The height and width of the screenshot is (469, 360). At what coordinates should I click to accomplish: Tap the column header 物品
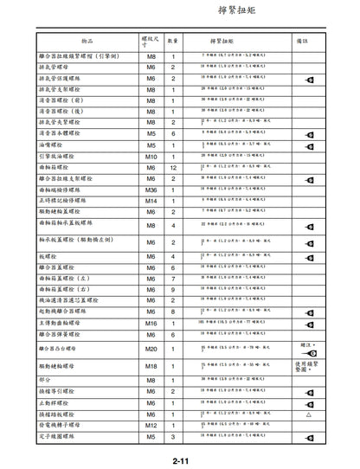click(84, 40)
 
